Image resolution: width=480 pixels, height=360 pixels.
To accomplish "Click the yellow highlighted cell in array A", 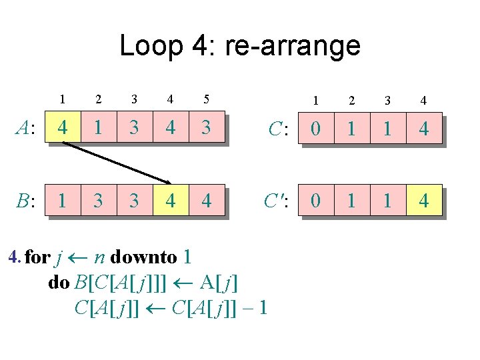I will (x=62, y=127).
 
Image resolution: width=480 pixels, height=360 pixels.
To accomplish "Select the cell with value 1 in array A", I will (x=98, y=127).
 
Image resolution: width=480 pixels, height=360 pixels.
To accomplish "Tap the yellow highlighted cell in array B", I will (x=170, y=200).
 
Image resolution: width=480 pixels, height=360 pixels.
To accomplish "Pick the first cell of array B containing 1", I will (x=62, y=200).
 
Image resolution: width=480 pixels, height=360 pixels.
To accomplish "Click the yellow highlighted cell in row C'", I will (x=423, y=200).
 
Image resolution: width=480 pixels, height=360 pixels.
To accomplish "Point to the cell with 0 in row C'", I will (x=315, y=200).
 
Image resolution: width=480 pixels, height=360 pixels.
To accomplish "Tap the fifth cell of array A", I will (x=207, y=127).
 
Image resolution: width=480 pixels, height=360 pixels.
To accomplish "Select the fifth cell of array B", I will (x=207, y=200).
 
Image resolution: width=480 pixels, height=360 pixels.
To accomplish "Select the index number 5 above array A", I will (x=207, y=100).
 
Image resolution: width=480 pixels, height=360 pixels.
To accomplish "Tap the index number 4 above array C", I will (x=423, y=101).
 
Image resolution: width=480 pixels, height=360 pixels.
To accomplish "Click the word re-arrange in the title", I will (x=293, y=45).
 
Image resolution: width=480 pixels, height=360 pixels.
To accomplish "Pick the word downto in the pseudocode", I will (x=144, y=257).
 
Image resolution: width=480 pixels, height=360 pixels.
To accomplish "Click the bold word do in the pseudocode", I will (x=59, y=283).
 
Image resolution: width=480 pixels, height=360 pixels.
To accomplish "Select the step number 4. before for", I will (x=13, y=257).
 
